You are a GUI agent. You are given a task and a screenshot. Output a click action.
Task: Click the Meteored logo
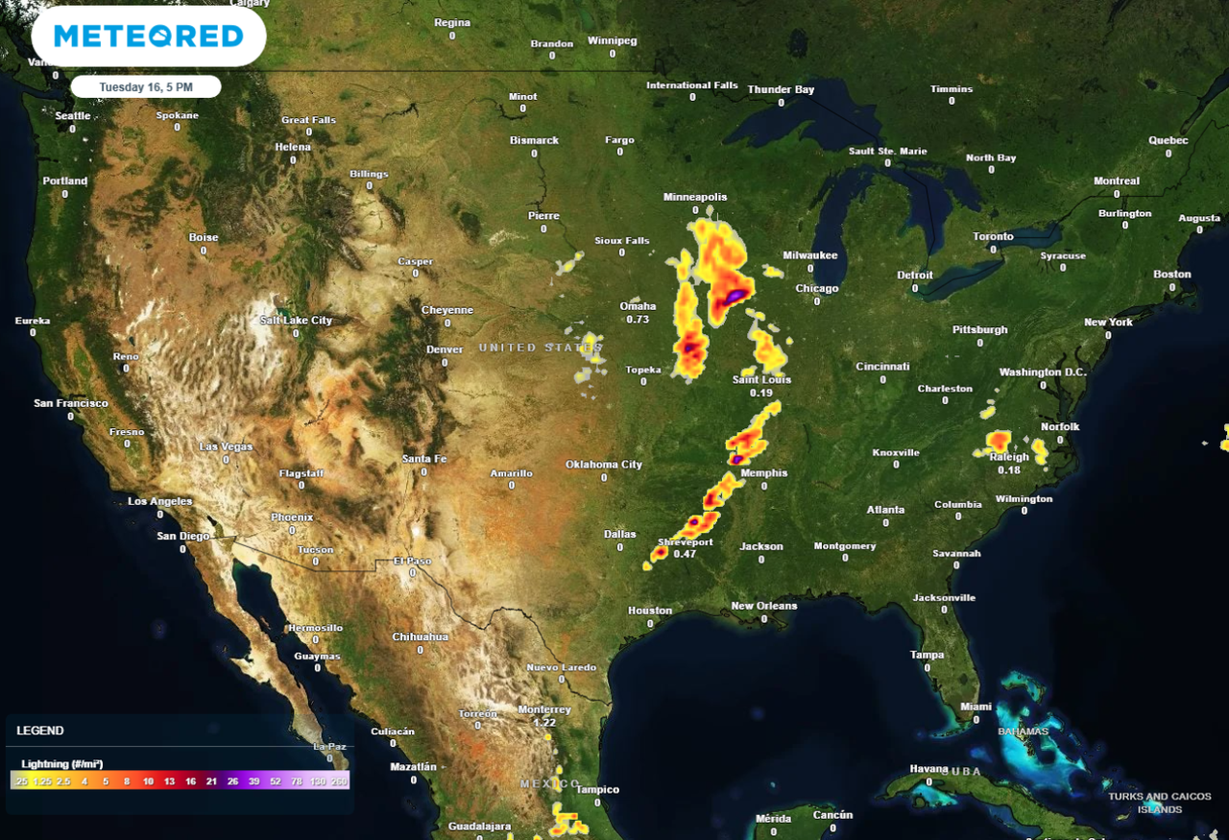pos(149,36)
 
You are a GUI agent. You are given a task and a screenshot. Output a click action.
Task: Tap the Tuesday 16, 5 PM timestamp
pos(146,87)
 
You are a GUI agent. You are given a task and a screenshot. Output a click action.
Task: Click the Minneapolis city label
pos(695,197)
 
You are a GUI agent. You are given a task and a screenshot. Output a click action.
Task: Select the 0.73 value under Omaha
pos(638,319)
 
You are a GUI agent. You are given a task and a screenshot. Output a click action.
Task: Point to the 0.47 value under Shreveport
pos(685,554)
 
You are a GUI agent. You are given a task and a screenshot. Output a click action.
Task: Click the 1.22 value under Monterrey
pos(544,723)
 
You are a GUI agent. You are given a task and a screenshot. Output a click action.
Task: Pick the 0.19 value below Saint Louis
pos(761,393)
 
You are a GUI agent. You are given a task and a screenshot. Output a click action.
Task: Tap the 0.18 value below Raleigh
pos(1009,469)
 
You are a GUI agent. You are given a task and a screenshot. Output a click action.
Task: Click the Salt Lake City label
pos(296,321)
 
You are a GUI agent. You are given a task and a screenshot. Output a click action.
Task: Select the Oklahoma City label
pos(604,465)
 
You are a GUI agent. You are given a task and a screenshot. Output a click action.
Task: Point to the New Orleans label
pos(764,606)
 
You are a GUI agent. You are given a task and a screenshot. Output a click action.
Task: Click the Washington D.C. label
pos(1043,372)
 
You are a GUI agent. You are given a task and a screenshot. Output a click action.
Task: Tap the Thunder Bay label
pos(781,90)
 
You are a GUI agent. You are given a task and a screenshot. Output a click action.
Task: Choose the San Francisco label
pos(71,403)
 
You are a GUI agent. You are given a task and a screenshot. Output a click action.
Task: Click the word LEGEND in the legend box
pos(40,731)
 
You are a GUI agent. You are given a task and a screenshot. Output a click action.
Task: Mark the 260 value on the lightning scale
pos(339,782)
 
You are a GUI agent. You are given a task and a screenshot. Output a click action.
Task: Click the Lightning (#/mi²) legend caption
pos(62,764)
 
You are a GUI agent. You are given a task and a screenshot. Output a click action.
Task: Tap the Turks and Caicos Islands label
pos(1159,803)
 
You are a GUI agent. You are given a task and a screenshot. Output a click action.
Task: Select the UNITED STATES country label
pos(542,348)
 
